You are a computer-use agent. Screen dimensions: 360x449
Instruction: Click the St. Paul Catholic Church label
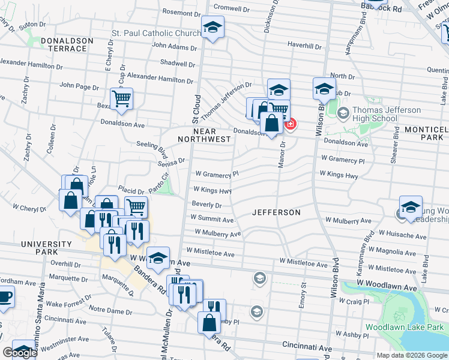tap(156, 32)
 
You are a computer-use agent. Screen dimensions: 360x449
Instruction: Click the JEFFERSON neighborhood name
tap(276, 212)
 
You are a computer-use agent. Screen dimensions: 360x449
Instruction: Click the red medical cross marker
tap(291, 124)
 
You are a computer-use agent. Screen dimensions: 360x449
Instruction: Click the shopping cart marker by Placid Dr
tap(136, 207)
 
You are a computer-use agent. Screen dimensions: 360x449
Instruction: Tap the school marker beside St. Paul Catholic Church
tap(212, 28)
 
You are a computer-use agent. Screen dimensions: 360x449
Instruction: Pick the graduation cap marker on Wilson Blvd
tap(324, 89)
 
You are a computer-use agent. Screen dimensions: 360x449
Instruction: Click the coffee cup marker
tap(5, 296)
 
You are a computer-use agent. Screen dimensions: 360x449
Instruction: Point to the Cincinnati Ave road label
tap(307, 348)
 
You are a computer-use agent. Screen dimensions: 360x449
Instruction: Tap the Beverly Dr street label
tap(207, 205)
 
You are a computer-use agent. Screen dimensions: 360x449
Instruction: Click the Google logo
tap(20, 353)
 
